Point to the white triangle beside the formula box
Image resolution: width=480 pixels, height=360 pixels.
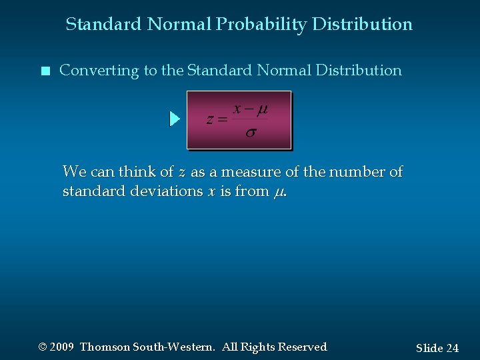[x=175, y=119]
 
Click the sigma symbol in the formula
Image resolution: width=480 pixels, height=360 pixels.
[x=250, y=133]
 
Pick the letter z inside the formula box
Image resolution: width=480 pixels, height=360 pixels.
[x=211, y=120]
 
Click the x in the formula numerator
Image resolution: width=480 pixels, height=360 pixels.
[x=237, y=109]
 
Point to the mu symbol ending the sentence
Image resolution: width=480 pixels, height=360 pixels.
[x=279, y=193]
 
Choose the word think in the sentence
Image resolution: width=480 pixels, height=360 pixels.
[x=137, y=172]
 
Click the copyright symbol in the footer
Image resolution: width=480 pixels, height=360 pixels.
[x=43, y=347]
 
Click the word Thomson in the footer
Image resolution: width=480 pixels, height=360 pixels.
[x=105, y=347]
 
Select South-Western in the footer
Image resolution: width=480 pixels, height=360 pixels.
[x=173, y=347]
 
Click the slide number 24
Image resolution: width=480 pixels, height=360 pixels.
[x=452, y=348]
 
